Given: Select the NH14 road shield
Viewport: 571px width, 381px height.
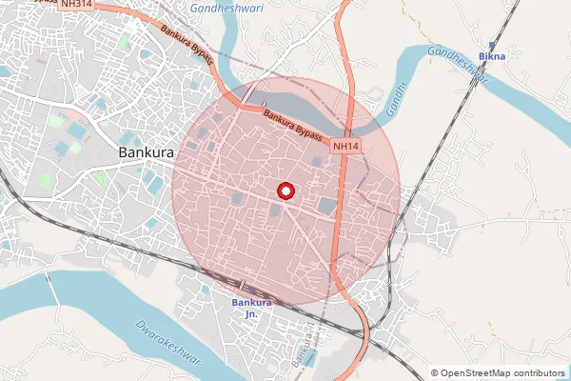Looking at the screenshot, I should pos(345,147).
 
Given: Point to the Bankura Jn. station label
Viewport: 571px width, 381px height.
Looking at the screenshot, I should pos(252,308).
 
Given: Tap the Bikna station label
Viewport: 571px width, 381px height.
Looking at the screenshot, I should pos(492,57).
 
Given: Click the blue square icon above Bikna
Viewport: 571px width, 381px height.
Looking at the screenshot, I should pos(492,44).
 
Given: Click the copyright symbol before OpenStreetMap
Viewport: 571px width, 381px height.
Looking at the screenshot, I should pos(435,373).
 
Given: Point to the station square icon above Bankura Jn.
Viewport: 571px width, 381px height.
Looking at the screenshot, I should pos(243,285).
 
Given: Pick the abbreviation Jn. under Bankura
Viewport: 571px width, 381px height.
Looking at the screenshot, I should pos(252,313).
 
